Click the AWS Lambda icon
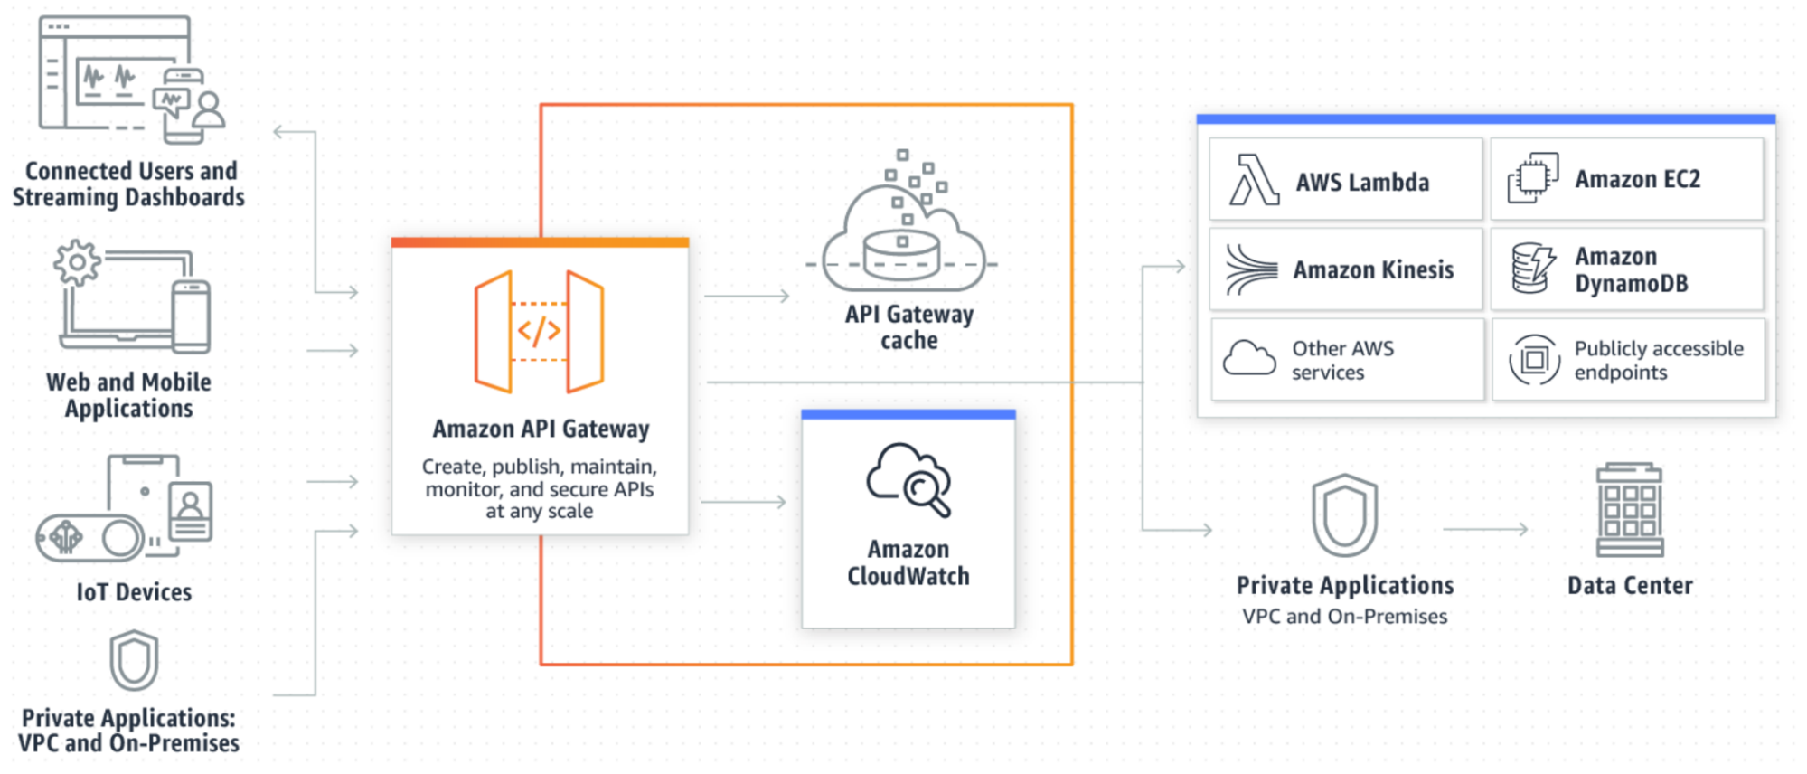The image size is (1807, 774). point(1254,180)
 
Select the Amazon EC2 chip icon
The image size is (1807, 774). point(1532,178)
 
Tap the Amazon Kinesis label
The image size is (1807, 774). point(1373,269)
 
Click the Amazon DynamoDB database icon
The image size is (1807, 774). point(1532,269)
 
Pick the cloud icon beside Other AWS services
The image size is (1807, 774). point(1249,358)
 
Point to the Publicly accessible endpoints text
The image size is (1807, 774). point(1658,360)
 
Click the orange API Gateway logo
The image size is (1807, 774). point(539,331)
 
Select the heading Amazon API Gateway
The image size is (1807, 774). point(541,429)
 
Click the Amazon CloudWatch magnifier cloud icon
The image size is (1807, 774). point(908,479)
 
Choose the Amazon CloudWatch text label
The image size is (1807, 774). point(908,562)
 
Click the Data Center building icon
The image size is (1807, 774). point(1629,511)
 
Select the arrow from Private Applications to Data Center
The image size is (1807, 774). point(1485,529)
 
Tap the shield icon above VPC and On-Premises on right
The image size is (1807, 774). point(1344,514)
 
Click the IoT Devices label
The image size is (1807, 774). point(134,592)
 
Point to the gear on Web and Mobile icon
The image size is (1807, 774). point(77,262)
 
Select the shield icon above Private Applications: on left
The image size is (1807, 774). point(134,660)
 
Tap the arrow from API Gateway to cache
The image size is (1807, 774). point(747,296)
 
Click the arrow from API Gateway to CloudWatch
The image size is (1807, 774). point(744,502)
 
